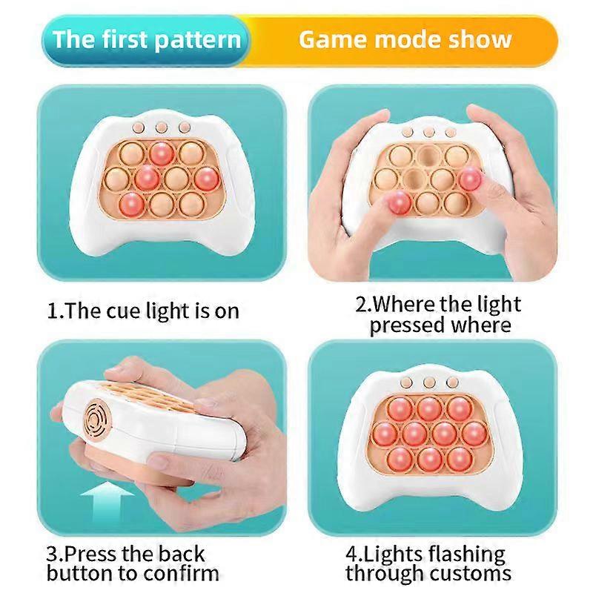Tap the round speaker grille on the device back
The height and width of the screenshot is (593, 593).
pyautogui.click(x=94, y=424)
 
